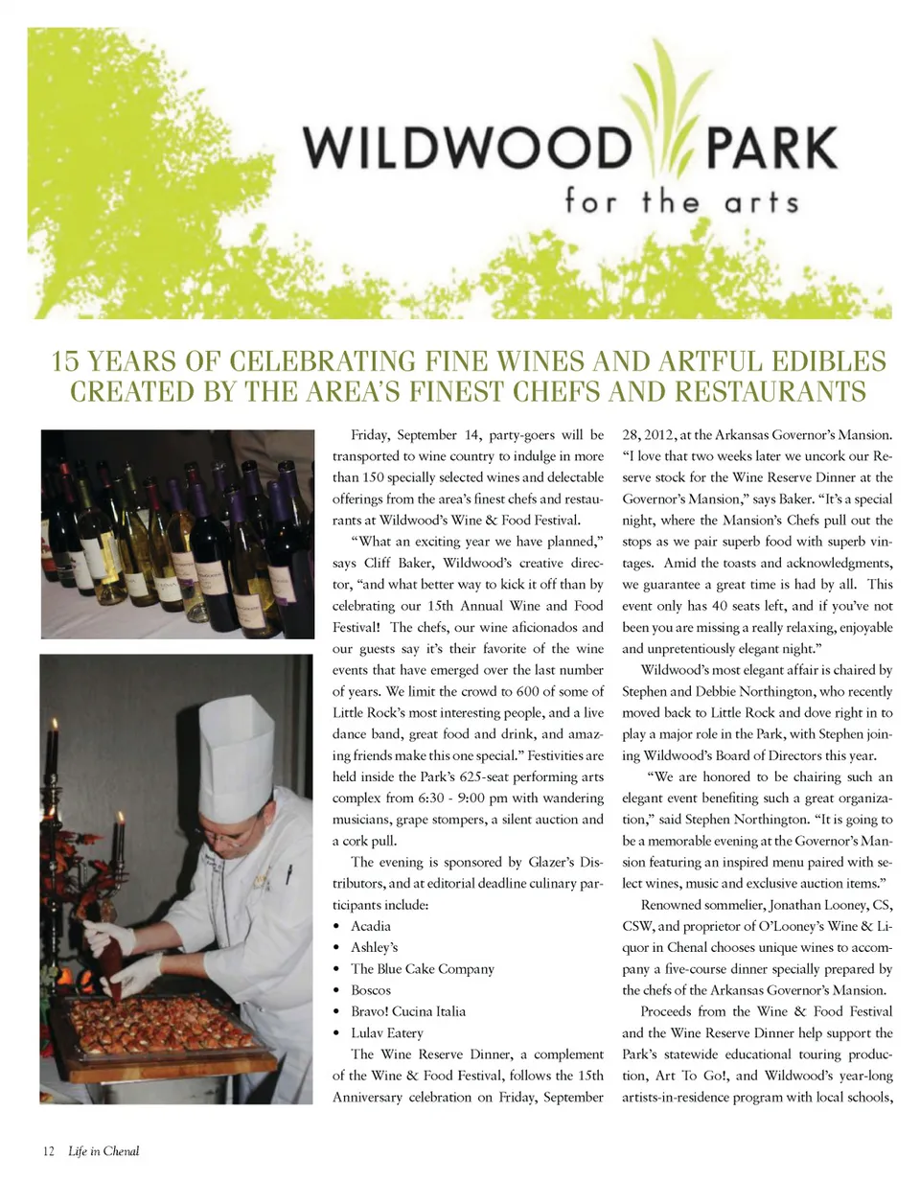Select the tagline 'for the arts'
tap(681, 203)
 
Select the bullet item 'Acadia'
tap(370, 926)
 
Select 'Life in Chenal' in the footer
tap(103, 1151)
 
